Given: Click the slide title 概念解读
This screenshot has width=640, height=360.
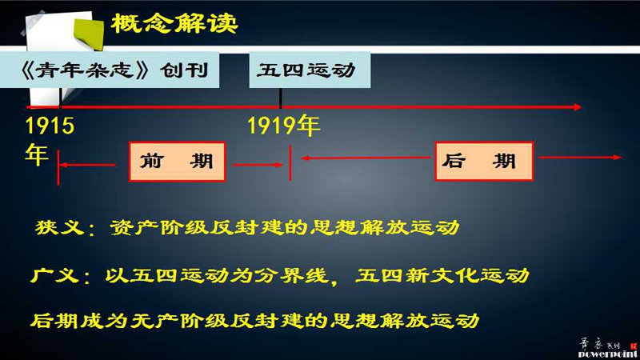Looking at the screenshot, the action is coord(174,23).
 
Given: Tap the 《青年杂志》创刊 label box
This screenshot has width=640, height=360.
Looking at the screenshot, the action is coord(110,70).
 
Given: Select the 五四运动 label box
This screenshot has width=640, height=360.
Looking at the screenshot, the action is coord(310,70).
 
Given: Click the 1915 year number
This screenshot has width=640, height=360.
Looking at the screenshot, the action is coord(50,126).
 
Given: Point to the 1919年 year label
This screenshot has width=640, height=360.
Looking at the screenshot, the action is coord(284,126).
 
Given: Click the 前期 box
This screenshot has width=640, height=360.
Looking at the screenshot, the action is coord(177,162).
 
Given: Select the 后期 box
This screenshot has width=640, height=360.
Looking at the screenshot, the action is coord(484,161).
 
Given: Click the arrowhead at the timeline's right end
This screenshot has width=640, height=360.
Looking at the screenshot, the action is coord(578,107).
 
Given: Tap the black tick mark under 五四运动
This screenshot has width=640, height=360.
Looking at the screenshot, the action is coord(281,98).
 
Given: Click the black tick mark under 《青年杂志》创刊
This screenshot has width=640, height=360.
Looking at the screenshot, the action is coord(60,98).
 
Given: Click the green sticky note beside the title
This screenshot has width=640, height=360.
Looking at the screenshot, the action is coord(89,33).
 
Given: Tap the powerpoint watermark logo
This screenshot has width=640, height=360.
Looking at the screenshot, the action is coord(608,349).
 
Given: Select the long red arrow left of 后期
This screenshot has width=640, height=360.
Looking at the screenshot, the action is coord(366,158).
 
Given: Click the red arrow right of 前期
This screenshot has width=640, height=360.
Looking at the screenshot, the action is coord(258,165).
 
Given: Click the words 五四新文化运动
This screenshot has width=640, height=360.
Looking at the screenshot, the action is coord(442,275).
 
